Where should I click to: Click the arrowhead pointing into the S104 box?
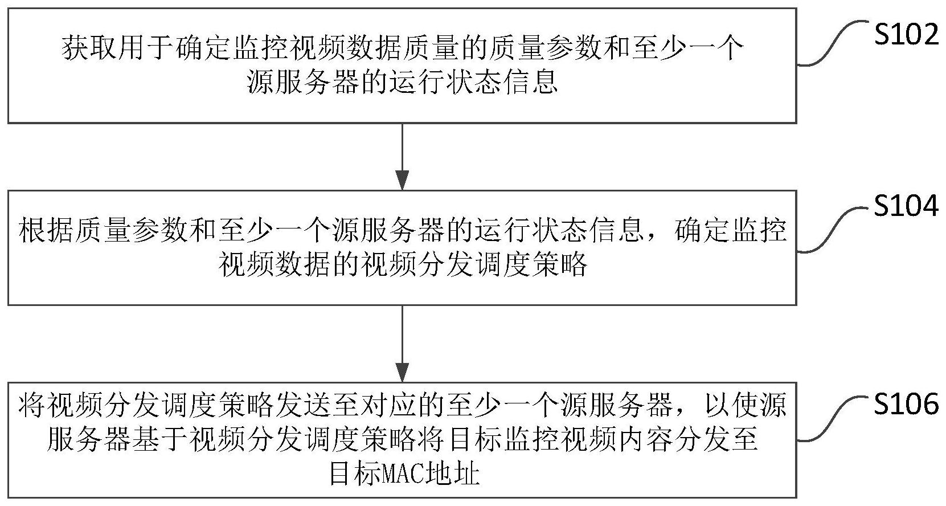point(403,180)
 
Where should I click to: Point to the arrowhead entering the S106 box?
point(403,372)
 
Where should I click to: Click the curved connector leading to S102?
point(834,43)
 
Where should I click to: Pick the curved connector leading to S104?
point(834,230)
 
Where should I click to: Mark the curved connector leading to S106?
point(834,419)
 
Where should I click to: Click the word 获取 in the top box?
point(89,48)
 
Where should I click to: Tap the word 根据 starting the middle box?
point(47,230)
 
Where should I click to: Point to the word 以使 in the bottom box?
point(730,405)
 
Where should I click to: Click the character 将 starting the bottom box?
point(32,405)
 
